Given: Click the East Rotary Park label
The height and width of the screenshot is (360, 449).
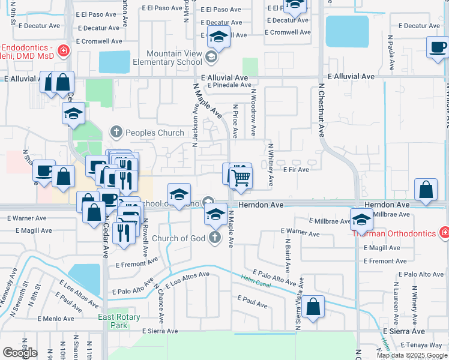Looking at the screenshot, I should [119, 321].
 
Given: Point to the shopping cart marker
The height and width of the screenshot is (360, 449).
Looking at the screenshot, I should [241, 178].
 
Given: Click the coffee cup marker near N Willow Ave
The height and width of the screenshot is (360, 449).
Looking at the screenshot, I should [438, 47].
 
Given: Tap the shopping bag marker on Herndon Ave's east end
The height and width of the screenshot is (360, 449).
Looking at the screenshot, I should [425, 191].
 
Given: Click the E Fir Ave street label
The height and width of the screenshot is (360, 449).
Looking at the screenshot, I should [296, 170].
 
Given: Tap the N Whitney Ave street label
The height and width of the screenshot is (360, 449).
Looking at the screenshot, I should [271, 164].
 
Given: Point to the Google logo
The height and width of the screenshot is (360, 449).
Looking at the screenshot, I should [20, 353].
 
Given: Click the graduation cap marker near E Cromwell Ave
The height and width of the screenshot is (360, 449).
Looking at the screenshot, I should [218, 37].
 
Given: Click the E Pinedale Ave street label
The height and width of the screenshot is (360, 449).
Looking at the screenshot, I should [229, 85].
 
